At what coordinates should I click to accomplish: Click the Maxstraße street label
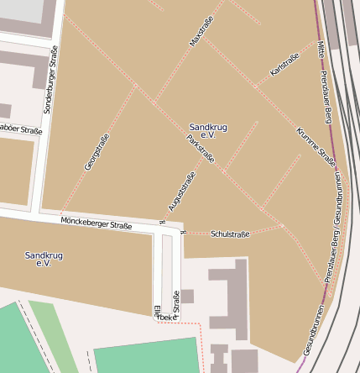coord(202,29)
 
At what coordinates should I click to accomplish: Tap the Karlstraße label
coord(284,66)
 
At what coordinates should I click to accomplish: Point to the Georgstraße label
coord(97,152)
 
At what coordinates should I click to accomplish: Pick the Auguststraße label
coord(181,191)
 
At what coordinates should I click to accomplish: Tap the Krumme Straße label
coord(316,147)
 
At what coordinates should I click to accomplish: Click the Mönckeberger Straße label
coord(97,223)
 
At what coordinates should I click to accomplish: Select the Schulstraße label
coord(230,234)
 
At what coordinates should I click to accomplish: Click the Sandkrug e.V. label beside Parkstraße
coord(208,129)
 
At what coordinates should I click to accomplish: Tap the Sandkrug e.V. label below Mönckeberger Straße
coord(44,259)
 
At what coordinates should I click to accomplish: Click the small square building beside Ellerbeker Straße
coord(187,296)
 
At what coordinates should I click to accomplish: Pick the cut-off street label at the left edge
coord(20,129)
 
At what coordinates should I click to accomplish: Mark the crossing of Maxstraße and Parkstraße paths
coord(154,102)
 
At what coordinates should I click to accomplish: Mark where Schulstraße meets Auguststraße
coord(183,232)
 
